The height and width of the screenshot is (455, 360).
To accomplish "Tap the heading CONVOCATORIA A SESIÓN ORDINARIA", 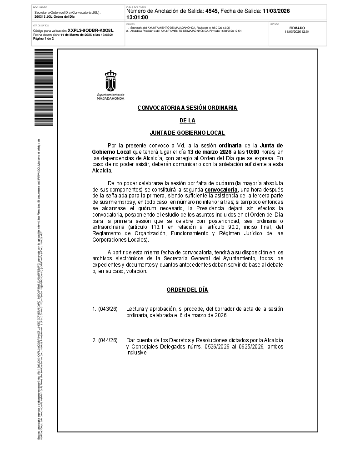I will point(187,108).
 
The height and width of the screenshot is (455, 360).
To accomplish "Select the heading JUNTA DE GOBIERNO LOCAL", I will point(187,133).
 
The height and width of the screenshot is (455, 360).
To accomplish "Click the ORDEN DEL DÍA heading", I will point(187,290).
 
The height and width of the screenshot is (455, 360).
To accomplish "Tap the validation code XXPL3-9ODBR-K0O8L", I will point(90,30).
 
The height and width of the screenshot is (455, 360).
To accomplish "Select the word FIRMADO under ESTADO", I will point(297,28).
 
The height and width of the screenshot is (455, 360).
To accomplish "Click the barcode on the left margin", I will point(44,87).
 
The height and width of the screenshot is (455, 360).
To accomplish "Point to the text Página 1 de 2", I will point(44,39).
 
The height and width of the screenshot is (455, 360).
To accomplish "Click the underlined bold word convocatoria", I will point(221,189).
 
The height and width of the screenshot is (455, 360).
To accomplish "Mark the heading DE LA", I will point(187,121).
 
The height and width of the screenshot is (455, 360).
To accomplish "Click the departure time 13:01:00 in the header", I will point(137,17).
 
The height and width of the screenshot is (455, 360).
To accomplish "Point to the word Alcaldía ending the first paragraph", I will point(102,170).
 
